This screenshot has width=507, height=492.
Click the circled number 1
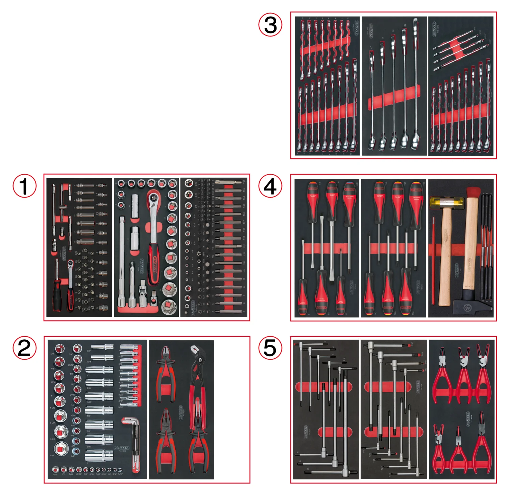24,186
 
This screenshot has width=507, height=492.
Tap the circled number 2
24,348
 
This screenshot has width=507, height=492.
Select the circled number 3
270,25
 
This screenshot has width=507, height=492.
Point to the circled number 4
270,186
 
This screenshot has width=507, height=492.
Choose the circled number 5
270,348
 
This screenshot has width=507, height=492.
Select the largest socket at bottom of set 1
169,306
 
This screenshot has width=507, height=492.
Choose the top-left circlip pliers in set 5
442,372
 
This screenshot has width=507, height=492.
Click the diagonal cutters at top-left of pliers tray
166,369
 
